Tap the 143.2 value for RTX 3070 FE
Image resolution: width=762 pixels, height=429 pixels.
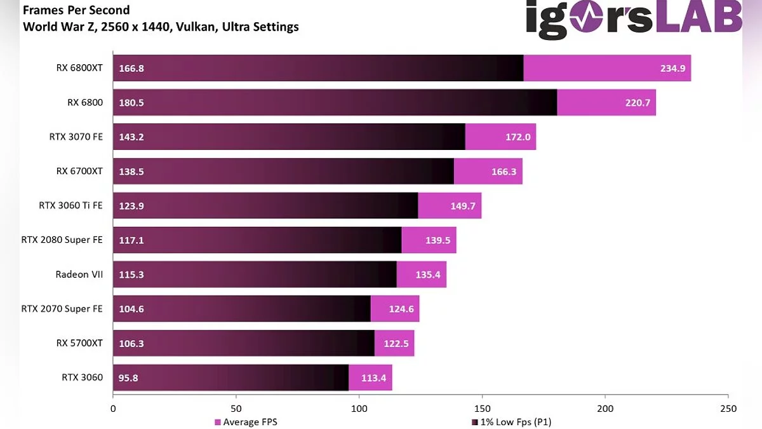pos(131,137)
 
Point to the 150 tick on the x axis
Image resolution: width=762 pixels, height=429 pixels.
pos(482,409)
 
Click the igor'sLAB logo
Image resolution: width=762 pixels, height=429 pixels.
pos(633,18)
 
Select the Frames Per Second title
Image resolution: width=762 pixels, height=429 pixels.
pos(76,11)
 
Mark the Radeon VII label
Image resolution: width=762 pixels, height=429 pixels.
pos(79,275)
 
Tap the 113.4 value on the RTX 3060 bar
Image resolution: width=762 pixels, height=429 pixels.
pos(373,378)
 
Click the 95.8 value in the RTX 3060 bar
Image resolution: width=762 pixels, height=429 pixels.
pos(128,378)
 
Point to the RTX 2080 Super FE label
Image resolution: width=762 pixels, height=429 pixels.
pos(62,240)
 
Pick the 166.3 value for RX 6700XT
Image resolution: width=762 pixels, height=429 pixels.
pos(504,172)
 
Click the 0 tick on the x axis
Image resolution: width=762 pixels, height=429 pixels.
pos(113,409)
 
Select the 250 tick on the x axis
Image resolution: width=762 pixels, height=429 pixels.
pos(728,409)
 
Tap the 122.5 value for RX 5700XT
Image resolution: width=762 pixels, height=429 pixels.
pos(396,344)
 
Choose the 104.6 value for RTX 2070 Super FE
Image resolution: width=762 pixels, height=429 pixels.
pos(131,310)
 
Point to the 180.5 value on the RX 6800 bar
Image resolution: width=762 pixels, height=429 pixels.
pos(131,103)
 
